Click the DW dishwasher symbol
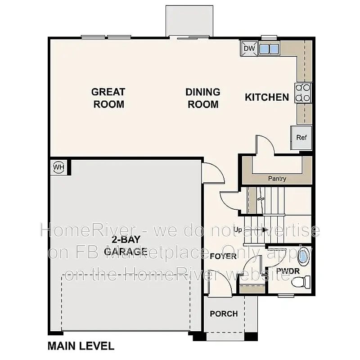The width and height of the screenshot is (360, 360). click(249, 49)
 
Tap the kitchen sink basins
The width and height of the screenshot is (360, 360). click(269, 49)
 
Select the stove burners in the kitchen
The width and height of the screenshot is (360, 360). click(303, 93)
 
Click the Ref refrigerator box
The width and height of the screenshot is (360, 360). click(301, 138)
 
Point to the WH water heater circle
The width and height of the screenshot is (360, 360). click(59, 167)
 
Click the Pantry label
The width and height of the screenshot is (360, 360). click(277, 178)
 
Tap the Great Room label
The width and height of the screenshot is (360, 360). click(108, 98)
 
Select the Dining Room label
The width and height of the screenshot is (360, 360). click(203, 98)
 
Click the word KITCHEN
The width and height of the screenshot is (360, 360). click(267, 97)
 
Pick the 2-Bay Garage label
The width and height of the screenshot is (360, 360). click(126, 246)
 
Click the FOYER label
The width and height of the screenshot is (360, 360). click(223, 256)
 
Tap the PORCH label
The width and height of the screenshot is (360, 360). click(224, 314)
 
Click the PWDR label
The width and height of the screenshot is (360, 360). click(288, 271)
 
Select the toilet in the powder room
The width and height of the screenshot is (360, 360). click(301, 282)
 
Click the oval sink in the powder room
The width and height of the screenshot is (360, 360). click(303, 256)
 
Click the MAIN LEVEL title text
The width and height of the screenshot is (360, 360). click(81, 346)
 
